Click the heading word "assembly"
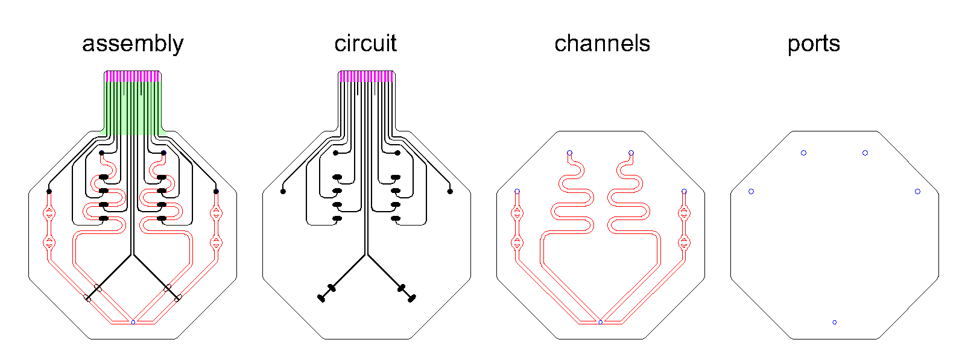point(133,44)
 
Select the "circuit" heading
point(365,43)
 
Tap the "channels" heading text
point(602,43)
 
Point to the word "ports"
point(814,44)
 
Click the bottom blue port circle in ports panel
point(835,322)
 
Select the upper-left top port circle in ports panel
point(803,153)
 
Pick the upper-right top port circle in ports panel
point(865,153)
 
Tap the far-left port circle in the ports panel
point(751,191)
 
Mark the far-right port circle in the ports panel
point(917,191)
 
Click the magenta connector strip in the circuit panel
point(366,76)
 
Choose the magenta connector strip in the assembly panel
point(133,76)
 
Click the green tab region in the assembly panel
point(133,109)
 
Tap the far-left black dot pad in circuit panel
point(283,191)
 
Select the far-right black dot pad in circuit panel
point(450,191)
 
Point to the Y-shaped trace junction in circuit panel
point(366,254)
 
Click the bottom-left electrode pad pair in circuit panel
point(326,292)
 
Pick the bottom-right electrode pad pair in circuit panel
point(407,292)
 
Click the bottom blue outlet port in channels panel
point(600,322)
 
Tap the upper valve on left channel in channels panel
point(517,213)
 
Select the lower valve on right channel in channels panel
point(684,243)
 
